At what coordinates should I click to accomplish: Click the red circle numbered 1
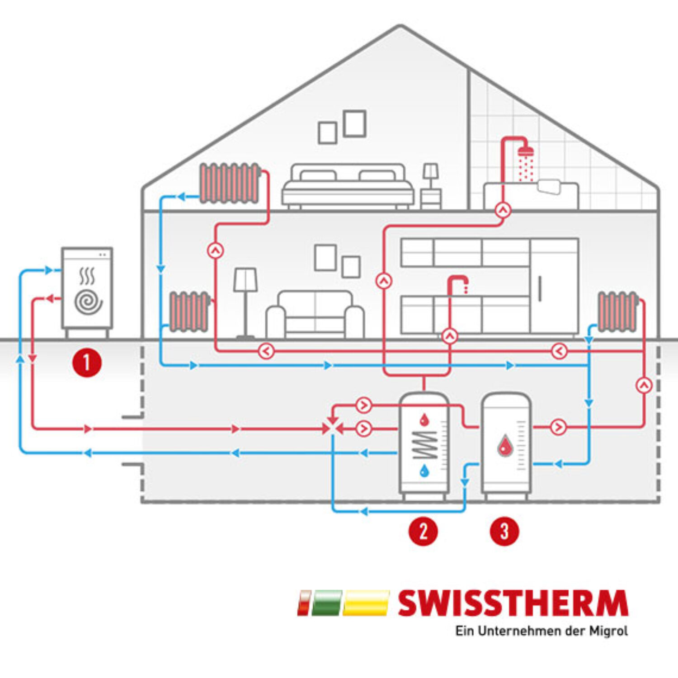tap(87, 363)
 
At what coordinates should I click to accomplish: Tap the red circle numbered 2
tap(423, 531)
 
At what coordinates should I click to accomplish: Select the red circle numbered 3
tap(504, 531)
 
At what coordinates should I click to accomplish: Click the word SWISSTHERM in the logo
tap(513, 603)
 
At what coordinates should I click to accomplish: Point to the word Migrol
tap(608, 631)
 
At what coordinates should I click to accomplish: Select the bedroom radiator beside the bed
tap(230, 183)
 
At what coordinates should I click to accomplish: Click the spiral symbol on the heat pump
tap(88, 302)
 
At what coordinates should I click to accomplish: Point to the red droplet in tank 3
tap(505, 446)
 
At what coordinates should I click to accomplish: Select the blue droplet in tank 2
tap(424, 471)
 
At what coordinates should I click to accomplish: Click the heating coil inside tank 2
tap(424, 445)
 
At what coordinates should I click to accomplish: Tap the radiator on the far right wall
tap(617, 312)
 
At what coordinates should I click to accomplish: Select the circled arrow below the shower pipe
tap(503, 210)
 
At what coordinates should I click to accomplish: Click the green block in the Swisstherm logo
tap(325, 603)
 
